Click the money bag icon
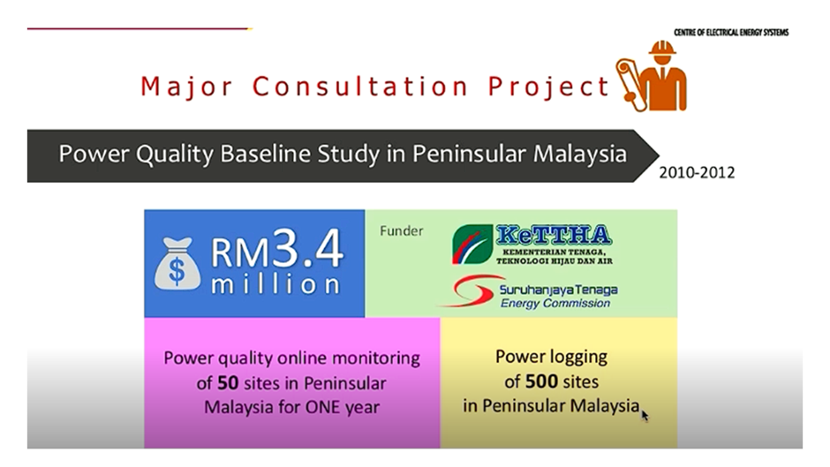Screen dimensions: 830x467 pyautogui.click(x=177, y=264)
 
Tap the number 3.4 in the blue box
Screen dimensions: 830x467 pyautogui.click(x=308, y=248)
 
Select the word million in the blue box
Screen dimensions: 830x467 pyautogui.click(x=275, y=284)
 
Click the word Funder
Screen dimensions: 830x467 pyautogui.click(x=401, y=231)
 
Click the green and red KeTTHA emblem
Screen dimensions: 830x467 pyautogui.click(x=472, y=244)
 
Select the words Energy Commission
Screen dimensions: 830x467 pyautogui.click(x=555, y=304)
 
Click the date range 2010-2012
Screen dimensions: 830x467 pyautogui.click(x=697, y=173)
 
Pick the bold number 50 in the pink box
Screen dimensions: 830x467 pyautogui.click(x=228, y=383)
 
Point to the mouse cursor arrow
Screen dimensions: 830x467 pyautogui.click(x=645, y=415)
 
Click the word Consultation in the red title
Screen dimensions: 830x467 pyautogui.click(x=360, y=87)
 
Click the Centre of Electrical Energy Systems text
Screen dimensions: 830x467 pyautogui.click(x=731, y=33)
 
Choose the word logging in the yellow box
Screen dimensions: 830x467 pyautogui.click(x=578, y=358)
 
